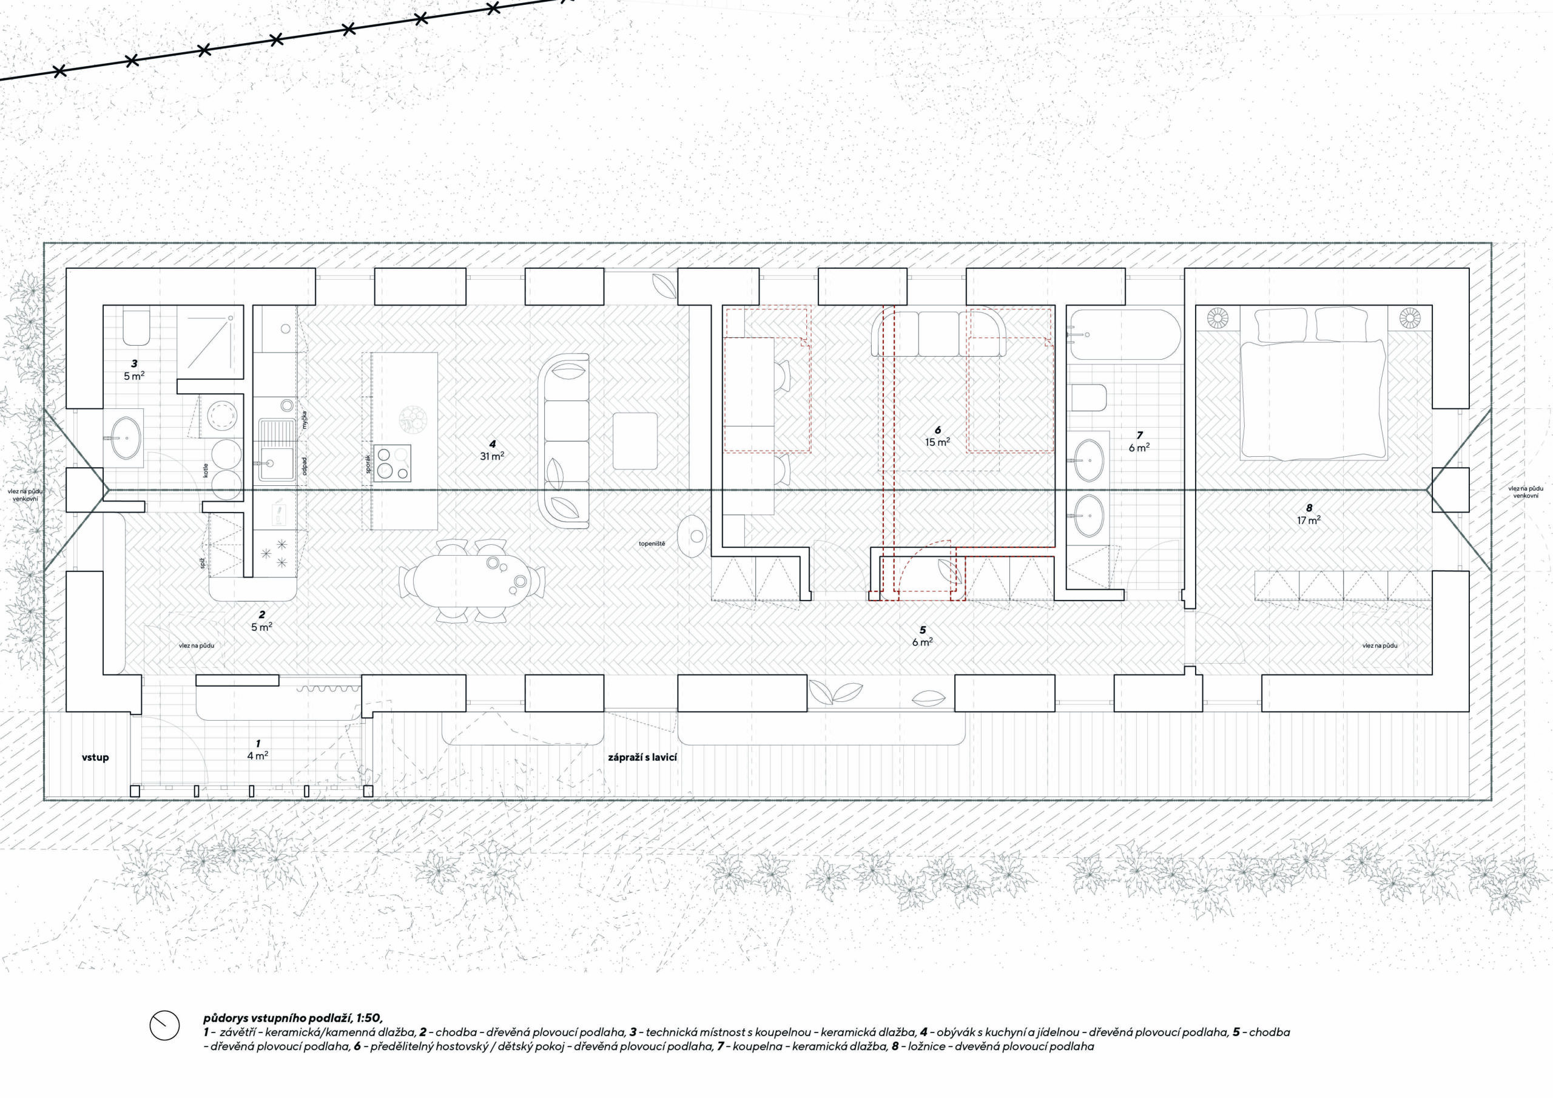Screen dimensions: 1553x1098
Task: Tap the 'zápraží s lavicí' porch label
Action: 642,757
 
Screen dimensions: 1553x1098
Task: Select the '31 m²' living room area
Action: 492,456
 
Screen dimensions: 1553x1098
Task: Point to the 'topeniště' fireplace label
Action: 652,544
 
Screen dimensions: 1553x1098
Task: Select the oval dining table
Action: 473,581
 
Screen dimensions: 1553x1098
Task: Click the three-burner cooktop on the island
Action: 392,463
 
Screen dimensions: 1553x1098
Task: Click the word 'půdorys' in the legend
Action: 225,1018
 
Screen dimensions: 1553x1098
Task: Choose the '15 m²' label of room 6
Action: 937,442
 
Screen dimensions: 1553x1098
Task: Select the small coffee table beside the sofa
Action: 635,441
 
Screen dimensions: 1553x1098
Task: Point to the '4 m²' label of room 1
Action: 258,756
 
